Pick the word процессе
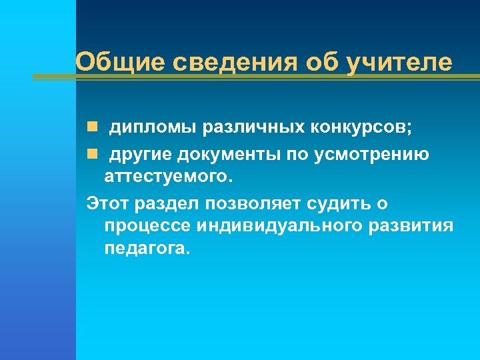pyautogui.click(x=147, y=226)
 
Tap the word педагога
pyautogui.click(x=147, y=249)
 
